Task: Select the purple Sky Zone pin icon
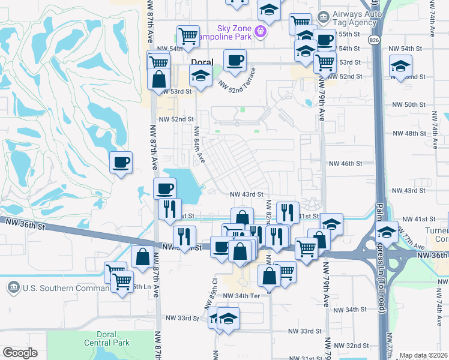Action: (261, 32)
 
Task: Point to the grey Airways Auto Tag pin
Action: (324, 16)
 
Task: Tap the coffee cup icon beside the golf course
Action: (121, 162)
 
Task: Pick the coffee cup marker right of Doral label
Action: (235, 59)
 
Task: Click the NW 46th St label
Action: (346, 163)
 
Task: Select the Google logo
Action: (20, 353)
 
